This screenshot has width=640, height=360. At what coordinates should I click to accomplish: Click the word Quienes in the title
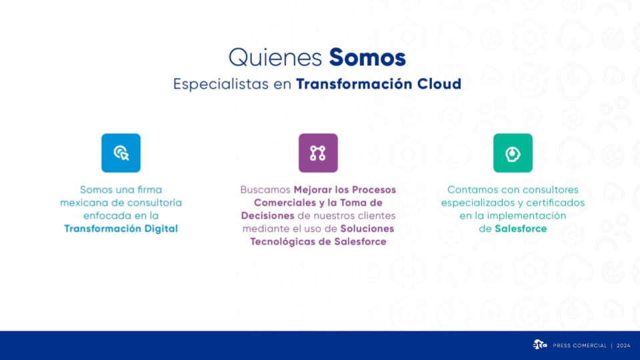275,58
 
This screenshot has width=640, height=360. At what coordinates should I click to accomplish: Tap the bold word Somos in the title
367,57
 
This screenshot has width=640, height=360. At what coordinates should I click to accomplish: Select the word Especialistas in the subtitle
221,85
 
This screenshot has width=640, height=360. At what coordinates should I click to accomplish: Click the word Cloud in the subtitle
439,84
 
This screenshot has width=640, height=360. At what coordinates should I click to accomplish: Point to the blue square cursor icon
121,153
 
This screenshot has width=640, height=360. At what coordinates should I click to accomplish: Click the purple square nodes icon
318,153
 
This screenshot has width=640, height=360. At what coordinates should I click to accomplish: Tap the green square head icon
513,153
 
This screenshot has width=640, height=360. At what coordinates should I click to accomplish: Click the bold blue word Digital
161,229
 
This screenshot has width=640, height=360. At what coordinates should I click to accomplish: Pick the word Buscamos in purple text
265,190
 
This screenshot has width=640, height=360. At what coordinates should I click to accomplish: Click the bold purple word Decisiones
267,215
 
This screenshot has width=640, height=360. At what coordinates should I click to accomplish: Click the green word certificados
555,203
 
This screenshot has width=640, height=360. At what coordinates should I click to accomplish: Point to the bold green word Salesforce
521,229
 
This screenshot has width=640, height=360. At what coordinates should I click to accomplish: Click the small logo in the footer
539,345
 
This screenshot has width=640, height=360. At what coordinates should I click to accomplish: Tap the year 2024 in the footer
623,346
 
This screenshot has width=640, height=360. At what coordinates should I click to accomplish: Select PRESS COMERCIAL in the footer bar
579,346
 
